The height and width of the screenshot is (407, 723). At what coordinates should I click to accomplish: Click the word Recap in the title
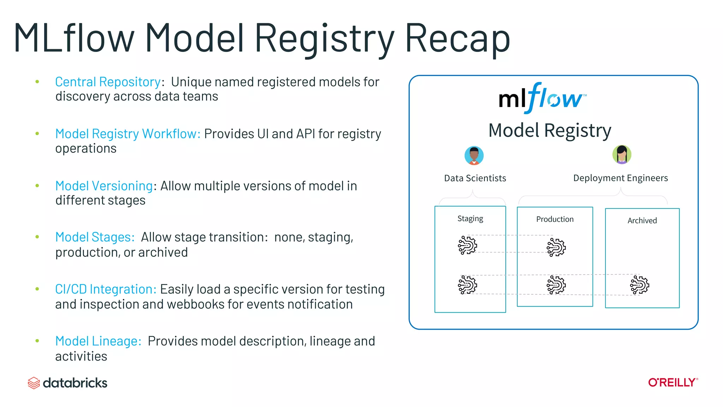tap(457, 38)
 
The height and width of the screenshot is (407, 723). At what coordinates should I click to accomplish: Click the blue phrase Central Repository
tap(108, 82)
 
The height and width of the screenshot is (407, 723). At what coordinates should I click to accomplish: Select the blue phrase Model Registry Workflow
tap(127, 134)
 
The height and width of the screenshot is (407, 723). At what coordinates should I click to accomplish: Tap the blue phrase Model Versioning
tap(104, 186)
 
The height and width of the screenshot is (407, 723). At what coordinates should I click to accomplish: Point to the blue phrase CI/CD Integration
tap(106, 289)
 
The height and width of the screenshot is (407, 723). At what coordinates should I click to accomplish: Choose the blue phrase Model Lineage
tap(98, 341)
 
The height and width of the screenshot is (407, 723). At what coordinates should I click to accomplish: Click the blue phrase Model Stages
tap(95, 237)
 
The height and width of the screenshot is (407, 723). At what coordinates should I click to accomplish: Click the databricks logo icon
tap(34, 383)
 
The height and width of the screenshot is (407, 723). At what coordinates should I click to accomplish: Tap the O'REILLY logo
tap(673, 383)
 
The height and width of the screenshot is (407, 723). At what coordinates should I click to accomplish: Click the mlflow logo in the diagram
tap(542, 98)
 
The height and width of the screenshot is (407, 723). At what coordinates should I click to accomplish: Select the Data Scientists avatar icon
tap(474, 155)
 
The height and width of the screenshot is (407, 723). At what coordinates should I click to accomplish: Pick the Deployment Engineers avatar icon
tap(622, 155)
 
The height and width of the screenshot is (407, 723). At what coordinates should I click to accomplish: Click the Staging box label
tap(470, 219)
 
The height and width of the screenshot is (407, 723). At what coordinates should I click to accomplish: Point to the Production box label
tap(555, 219)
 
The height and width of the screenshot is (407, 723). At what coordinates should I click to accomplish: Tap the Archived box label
tap(642, 221)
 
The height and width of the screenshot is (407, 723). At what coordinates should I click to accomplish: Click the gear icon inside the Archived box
tap(639, 285)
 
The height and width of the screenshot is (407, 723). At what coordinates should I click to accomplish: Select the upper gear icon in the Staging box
tap(467, 245)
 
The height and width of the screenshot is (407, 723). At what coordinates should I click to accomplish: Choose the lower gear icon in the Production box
tap(556, 285)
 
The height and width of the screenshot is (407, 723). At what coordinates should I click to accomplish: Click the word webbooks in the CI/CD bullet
tap(196, 305)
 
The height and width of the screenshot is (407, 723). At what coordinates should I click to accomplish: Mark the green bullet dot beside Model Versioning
tap(37, 185)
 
